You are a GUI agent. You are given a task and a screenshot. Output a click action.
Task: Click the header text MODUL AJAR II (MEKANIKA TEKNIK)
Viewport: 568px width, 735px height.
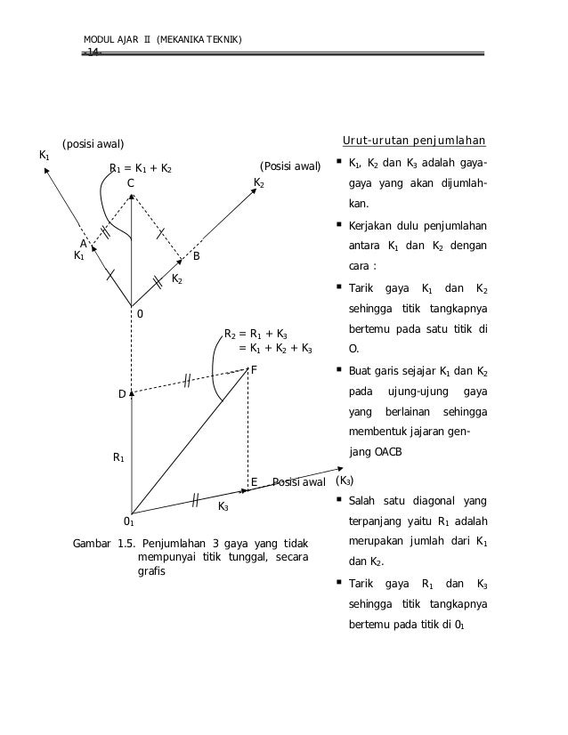pyautogui.click(x=162, y=39)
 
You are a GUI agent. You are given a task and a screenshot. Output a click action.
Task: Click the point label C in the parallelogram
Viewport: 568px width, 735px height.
pyautogui.click(x=130, y=183)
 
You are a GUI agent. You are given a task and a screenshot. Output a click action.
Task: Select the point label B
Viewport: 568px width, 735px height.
pyautogui.click(x=197, y=256)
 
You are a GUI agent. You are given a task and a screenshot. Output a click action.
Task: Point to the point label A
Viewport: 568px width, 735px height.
pyautogui.click(x=84, y=243)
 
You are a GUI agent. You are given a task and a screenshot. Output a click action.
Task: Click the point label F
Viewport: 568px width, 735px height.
pyautogui.click(x=254, y=369)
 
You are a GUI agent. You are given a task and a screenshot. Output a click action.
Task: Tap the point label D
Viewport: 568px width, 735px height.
pyautogui.click(x=122, y=393)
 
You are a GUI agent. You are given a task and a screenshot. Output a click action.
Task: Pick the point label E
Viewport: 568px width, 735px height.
pyautogui.click(x=254, y=481)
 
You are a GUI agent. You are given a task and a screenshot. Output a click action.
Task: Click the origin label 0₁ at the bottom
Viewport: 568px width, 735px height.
pyautogui.click(x=128, y=521)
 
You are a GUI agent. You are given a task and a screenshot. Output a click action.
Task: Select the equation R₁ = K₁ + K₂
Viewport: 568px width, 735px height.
pyautogui.click(x=141, y=167)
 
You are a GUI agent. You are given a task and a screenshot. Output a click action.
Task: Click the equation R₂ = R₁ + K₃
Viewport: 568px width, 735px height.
pyautogui.click(x=255, y=335)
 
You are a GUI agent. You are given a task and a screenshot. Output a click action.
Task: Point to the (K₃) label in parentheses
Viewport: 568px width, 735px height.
pyautogui.click(x=344, y=481)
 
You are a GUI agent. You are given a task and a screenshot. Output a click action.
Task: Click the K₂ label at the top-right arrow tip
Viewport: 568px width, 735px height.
pyautogui.click(x=259, y=182)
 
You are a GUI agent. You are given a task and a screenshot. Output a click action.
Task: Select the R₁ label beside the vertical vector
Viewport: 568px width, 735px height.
pyautogui.click(x=118, y=457)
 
